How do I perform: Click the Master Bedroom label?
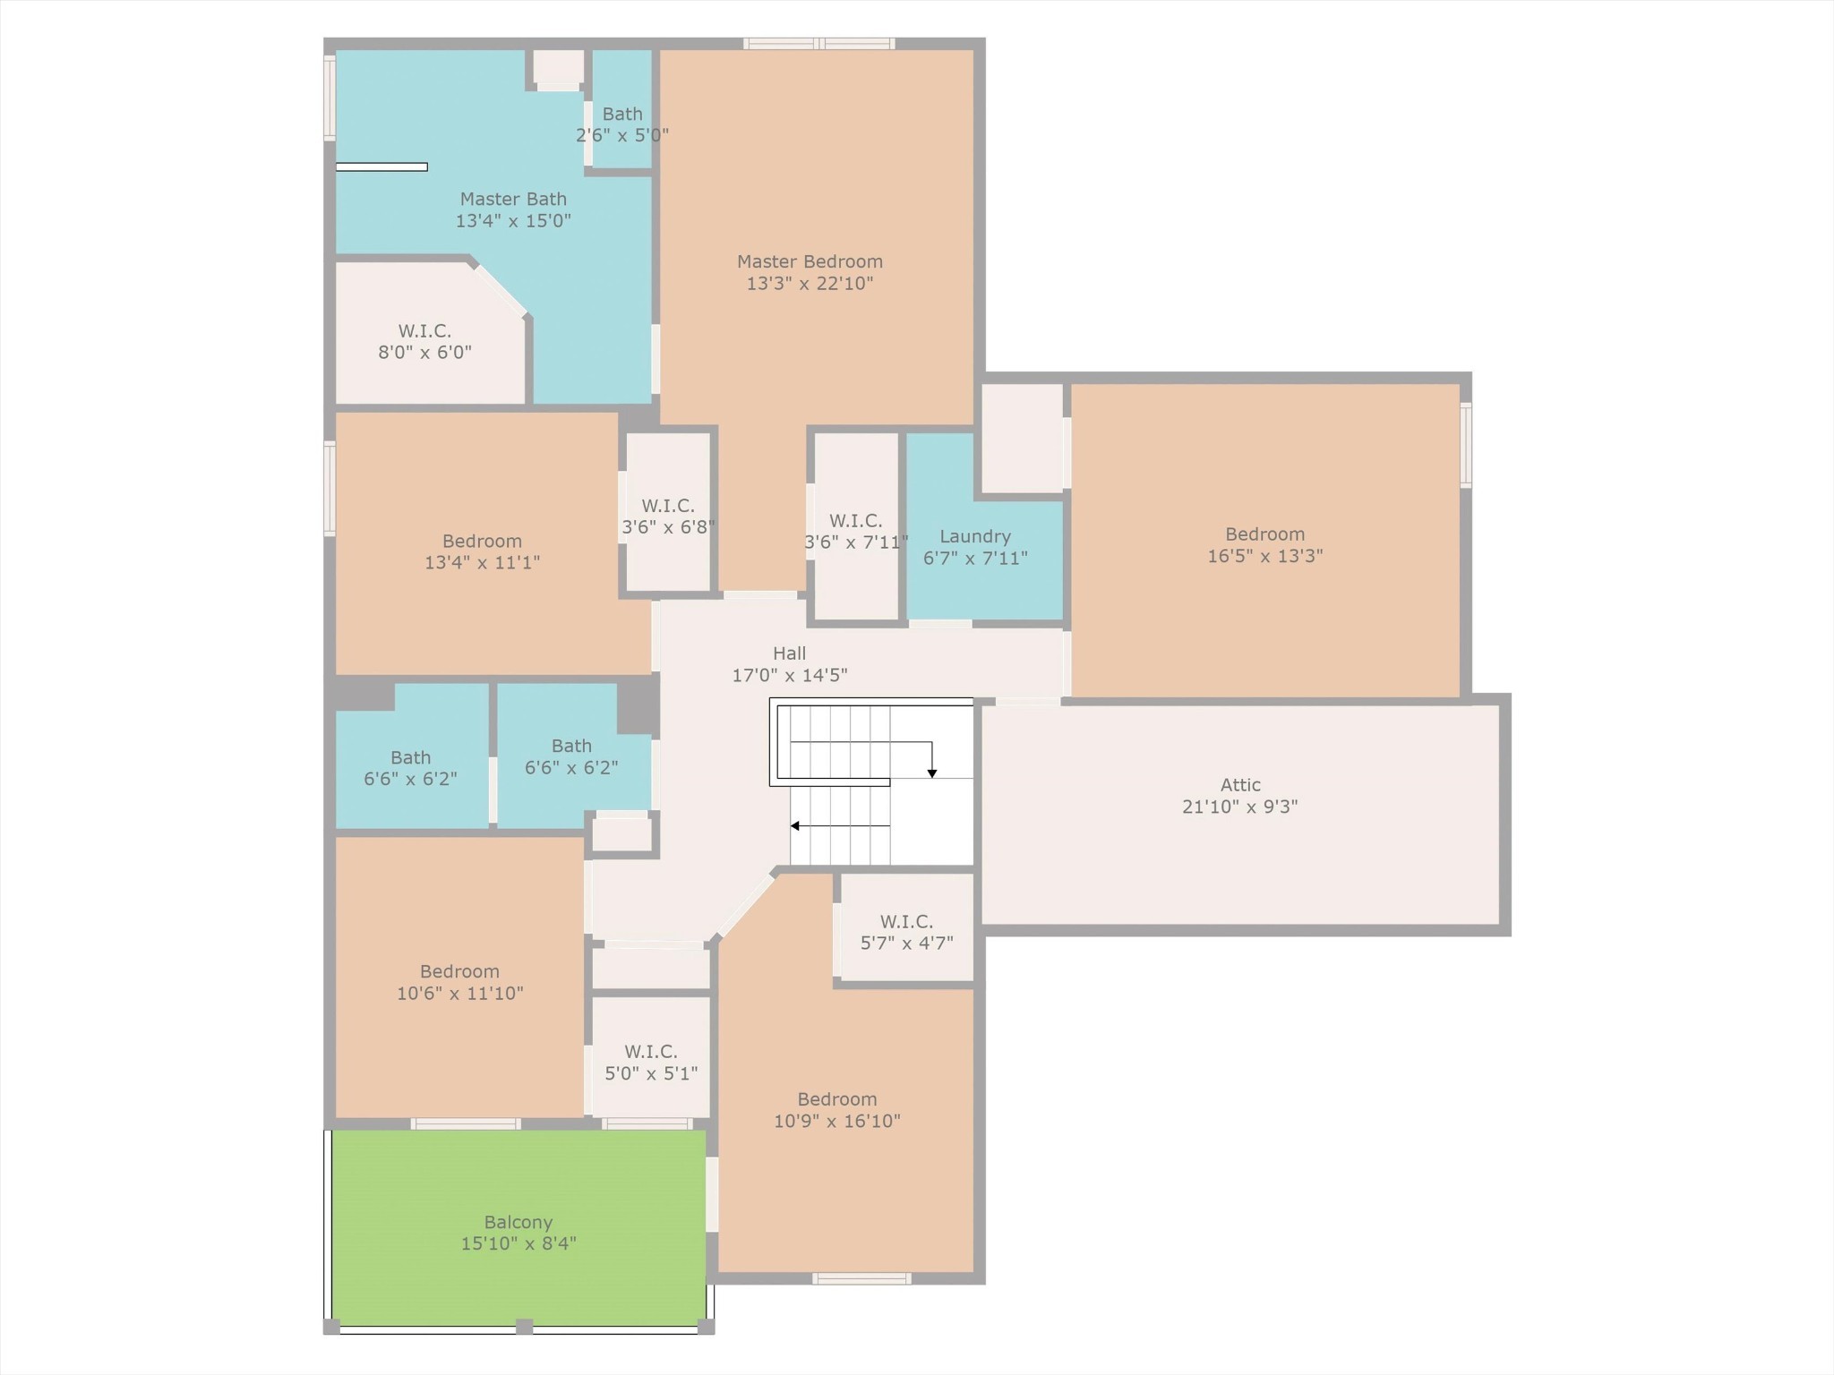(810, 261)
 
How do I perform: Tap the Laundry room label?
(975, 536)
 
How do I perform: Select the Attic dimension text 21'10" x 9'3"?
(1240, 807)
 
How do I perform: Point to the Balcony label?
(518, 1222)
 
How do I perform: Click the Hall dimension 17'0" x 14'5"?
(790, 675)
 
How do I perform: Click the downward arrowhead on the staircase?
(932, 773)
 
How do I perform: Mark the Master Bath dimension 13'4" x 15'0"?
(513, 220)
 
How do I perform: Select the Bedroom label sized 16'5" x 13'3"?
(1264, 534)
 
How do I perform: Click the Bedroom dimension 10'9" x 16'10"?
(837, 1121)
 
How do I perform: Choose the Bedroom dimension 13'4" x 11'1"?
(482, 562)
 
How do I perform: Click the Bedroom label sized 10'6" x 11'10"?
(459, 971)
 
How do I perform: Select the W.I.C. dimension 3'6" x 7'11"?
(856, 542)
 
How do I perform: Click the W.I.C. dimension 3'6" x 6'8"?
(668, 527)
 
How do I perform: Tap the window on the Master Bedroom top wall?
(818, 43)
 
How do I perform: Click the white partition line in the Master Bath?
(381, 167)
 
